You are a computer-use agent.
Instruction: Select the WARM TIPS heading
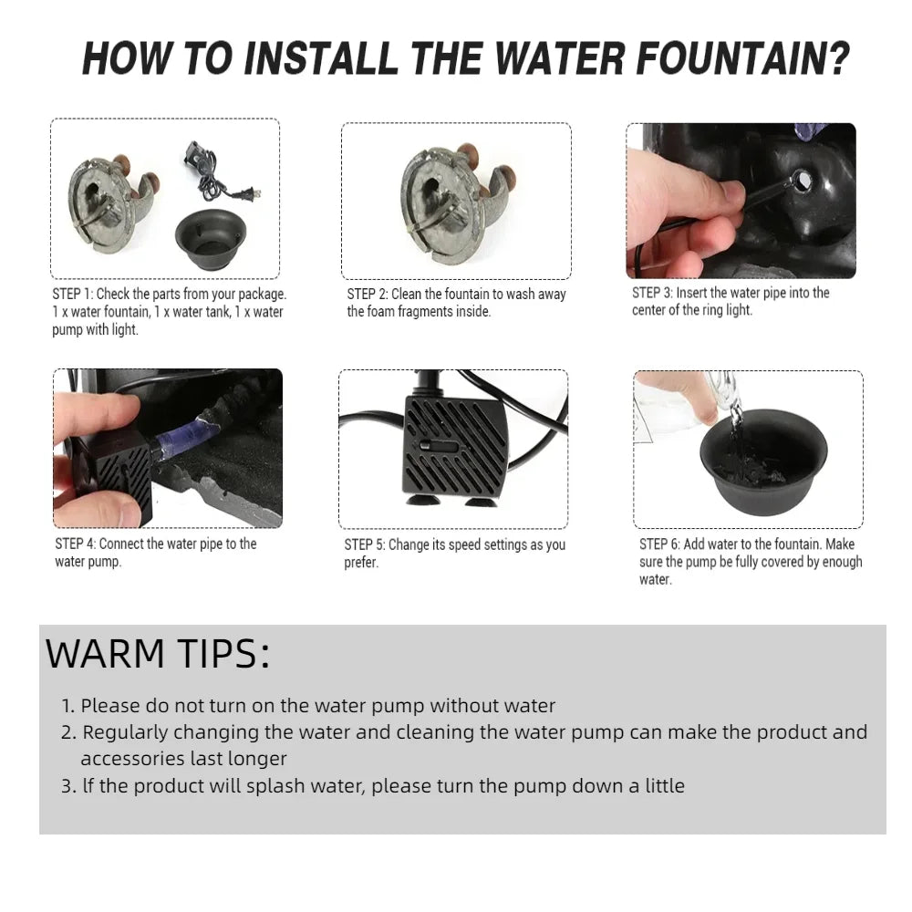pos(158,654)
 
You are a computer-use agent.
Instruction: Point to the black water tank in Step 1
pos(211,238)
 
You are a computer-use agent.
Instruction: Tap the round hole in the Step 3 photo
pos(802,181)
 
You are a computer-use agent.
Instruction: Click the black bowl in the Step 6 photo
pos(763,461)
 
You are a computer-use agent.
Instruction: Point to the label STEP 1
pos(73,295)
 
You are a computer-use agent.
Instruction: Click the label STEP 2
pos(368,295)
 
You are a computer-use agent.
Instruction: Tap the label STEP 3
pos(653,293)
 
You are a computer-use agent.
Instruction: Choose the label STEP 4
pos(76,544)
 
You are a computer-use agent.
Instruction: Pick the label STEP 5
pos(365,545)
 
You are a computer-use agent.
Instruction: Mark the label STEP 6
pos(659,544)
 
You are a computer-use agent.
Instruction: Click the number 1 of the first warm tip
pos(67,706)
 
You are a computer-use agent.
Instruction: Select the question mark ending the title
pos(839,58)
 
